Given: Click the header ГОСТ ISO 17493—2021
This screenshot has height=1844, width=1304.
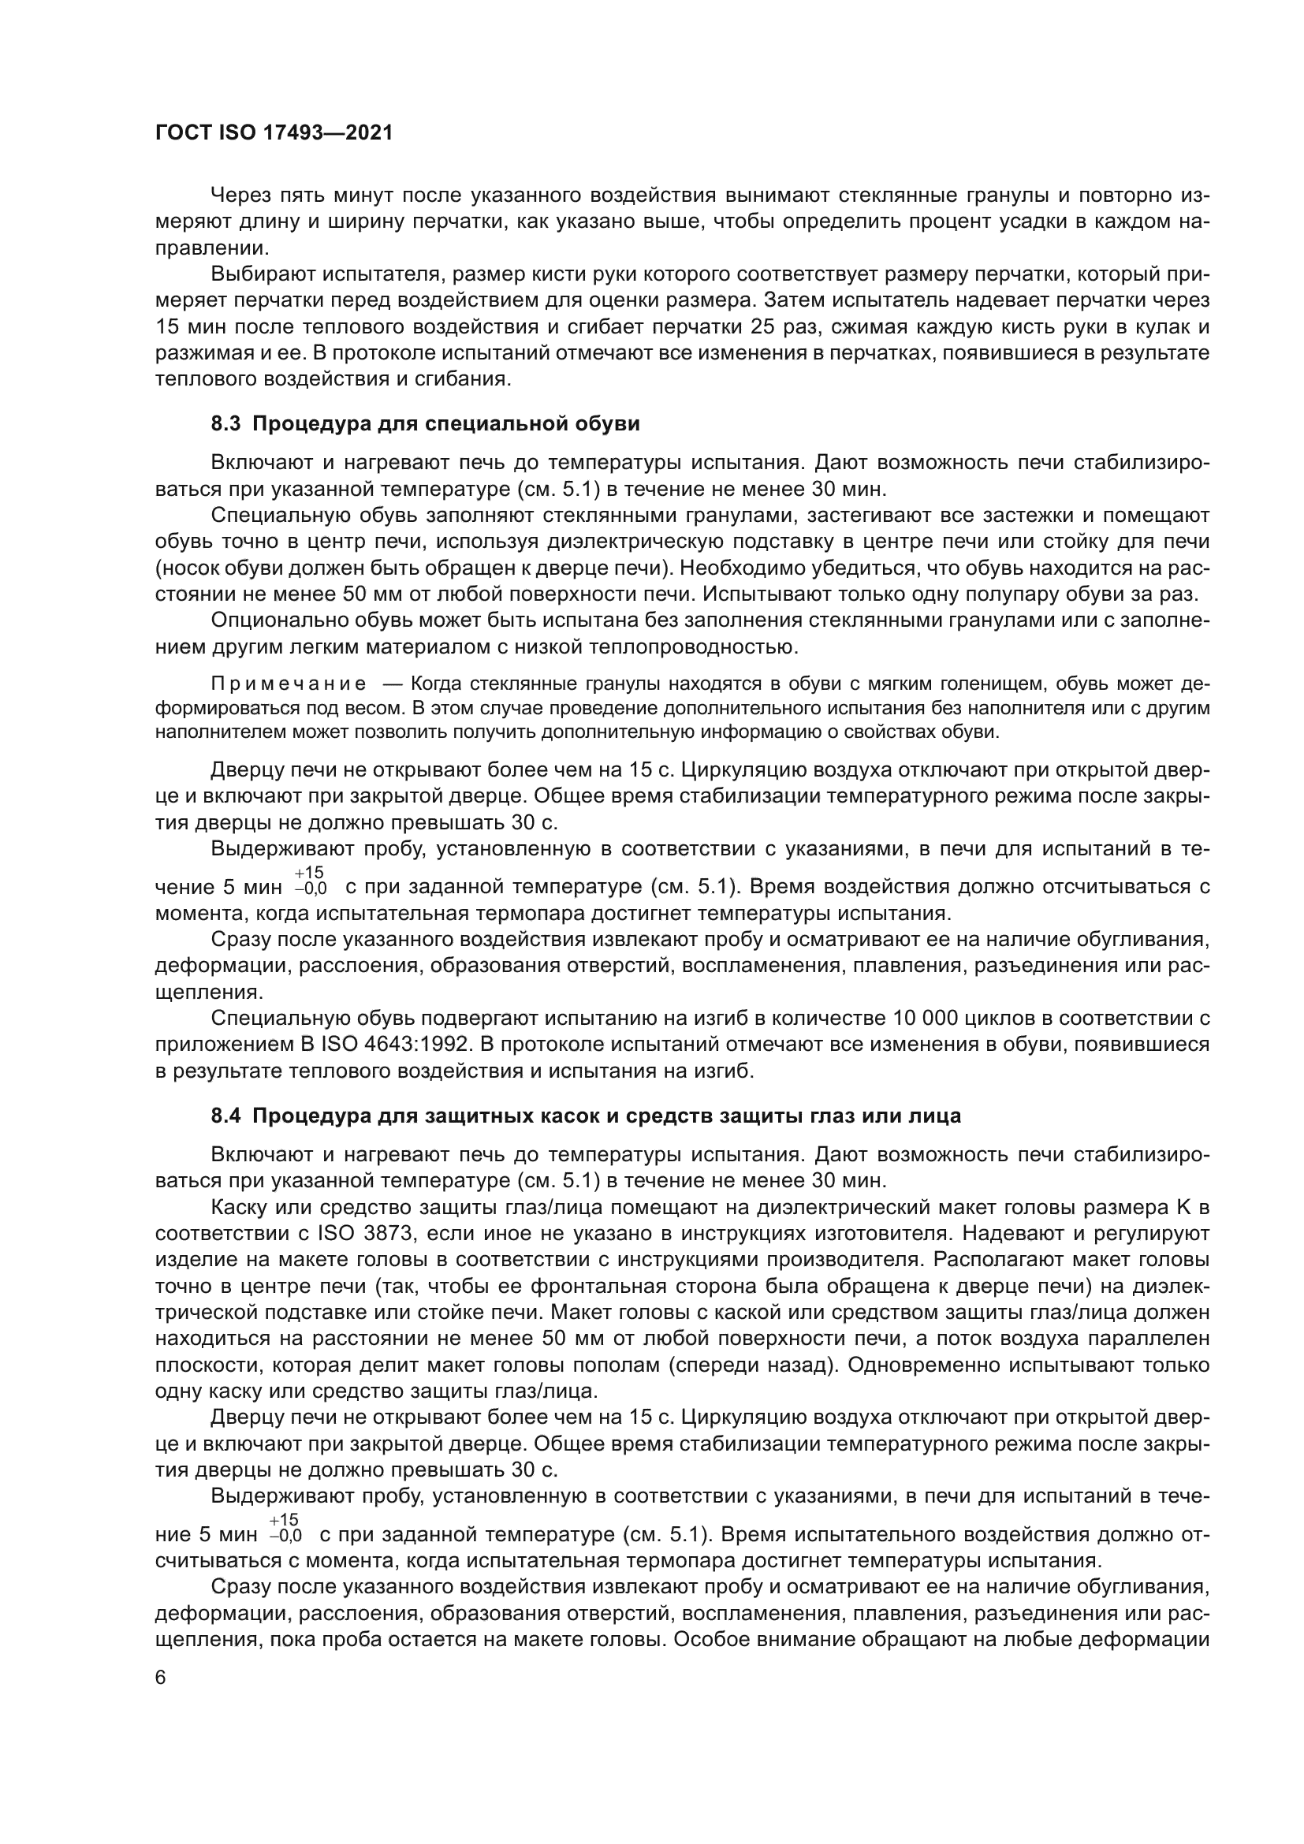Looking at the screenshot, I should (274, 133).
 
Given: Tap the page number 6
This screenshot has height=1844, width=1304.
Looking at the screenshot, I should (161, 1677).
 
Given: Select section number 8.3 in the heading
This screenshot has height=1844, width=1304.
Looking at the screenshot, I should (225, 424).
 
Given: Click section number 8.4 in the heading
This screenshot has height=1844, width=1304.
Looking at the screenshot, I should (225, 1116).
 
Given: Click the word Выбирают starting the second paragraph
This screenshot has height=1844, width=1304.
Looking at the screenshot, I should (262, 274).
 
